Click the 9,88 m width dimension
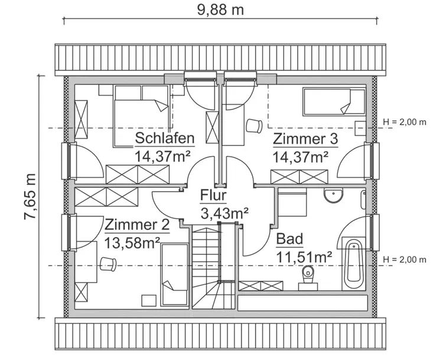(219, 9)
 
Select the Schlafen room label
(165, 138)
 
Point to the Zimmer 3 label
(305, 140)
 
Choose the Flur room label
(213, 195)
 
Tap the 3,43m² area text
(224, 212)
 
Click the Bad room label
(289, 239)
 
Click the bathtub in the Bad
(353, 261)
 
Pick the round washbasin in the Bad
(334, 195)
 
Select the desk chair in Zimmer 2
(108, 262)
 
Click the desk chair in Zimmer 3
(253, 125)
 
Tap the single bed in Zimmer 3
(334, 101)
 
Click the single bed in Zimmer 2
(175, 275)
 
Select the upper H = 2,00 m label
(404, 122)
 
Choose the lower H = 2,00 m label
(404, 260)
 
